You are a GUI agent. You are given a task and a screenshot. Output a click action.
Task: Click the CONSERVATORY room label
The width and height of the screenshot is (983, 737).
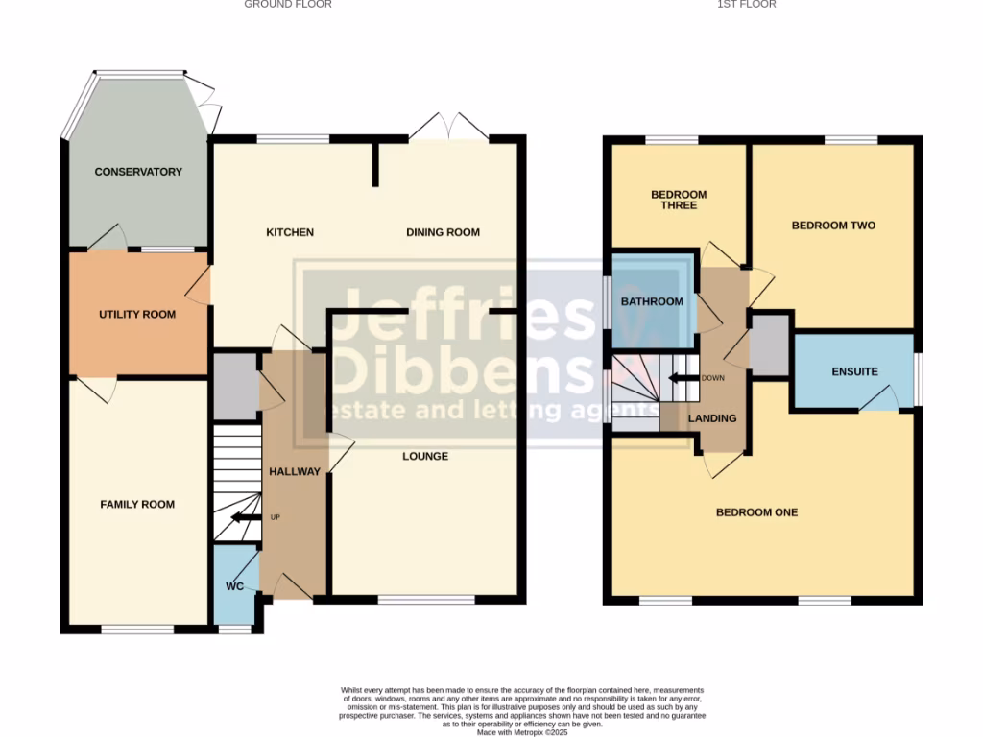click(138, 172)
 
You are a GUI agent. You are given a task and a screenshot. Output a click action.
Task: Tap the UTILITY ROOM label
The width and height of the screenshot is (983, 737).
click(137, 315)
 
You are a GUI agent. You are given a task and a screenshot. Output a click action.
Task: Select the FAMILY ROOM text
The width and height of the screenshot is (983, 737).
click(137, 505)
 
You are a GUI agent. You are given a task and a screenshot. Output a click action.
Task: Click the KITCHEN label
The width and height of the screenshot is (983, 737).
click(289, 233)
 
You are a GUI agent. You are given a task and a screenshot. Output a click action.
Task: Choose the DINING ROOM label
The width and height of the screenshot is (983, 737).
click(443, 233)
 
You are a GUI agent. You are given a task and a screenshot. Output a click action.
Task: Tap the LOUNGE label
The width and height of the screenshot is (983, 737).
click(425, 457)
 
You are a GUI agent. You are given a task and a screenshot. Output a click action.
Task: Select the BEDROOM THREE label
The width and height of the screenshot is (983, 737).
click(679, 200)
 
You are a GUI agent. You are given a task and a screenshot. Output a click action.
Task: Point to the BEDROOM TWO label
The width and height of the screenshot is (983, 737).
click(833, 226)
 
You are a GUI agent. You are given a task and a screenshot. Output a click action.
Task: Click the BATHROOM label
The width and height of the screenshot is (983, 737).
click(652, 302)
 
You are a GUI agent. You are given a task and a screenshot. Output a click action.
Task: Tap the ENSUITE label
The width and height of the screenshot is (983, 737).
click(854, 372)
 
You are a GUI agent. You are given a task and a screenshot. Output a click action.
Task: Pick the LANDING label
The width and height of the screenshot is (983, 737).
click(712, 418)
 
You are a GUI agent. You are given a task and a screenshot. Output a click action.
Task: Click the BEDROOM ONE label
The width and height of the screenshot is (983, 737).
click(756, 512)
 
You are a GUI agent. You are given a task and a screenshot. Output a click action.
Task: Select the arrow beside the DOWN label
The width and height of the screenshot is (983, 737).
click(683, 377)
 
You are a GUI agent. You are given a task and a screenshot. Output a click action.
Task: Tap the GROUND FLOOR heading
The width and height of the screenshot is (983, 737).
click(288, 5)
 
